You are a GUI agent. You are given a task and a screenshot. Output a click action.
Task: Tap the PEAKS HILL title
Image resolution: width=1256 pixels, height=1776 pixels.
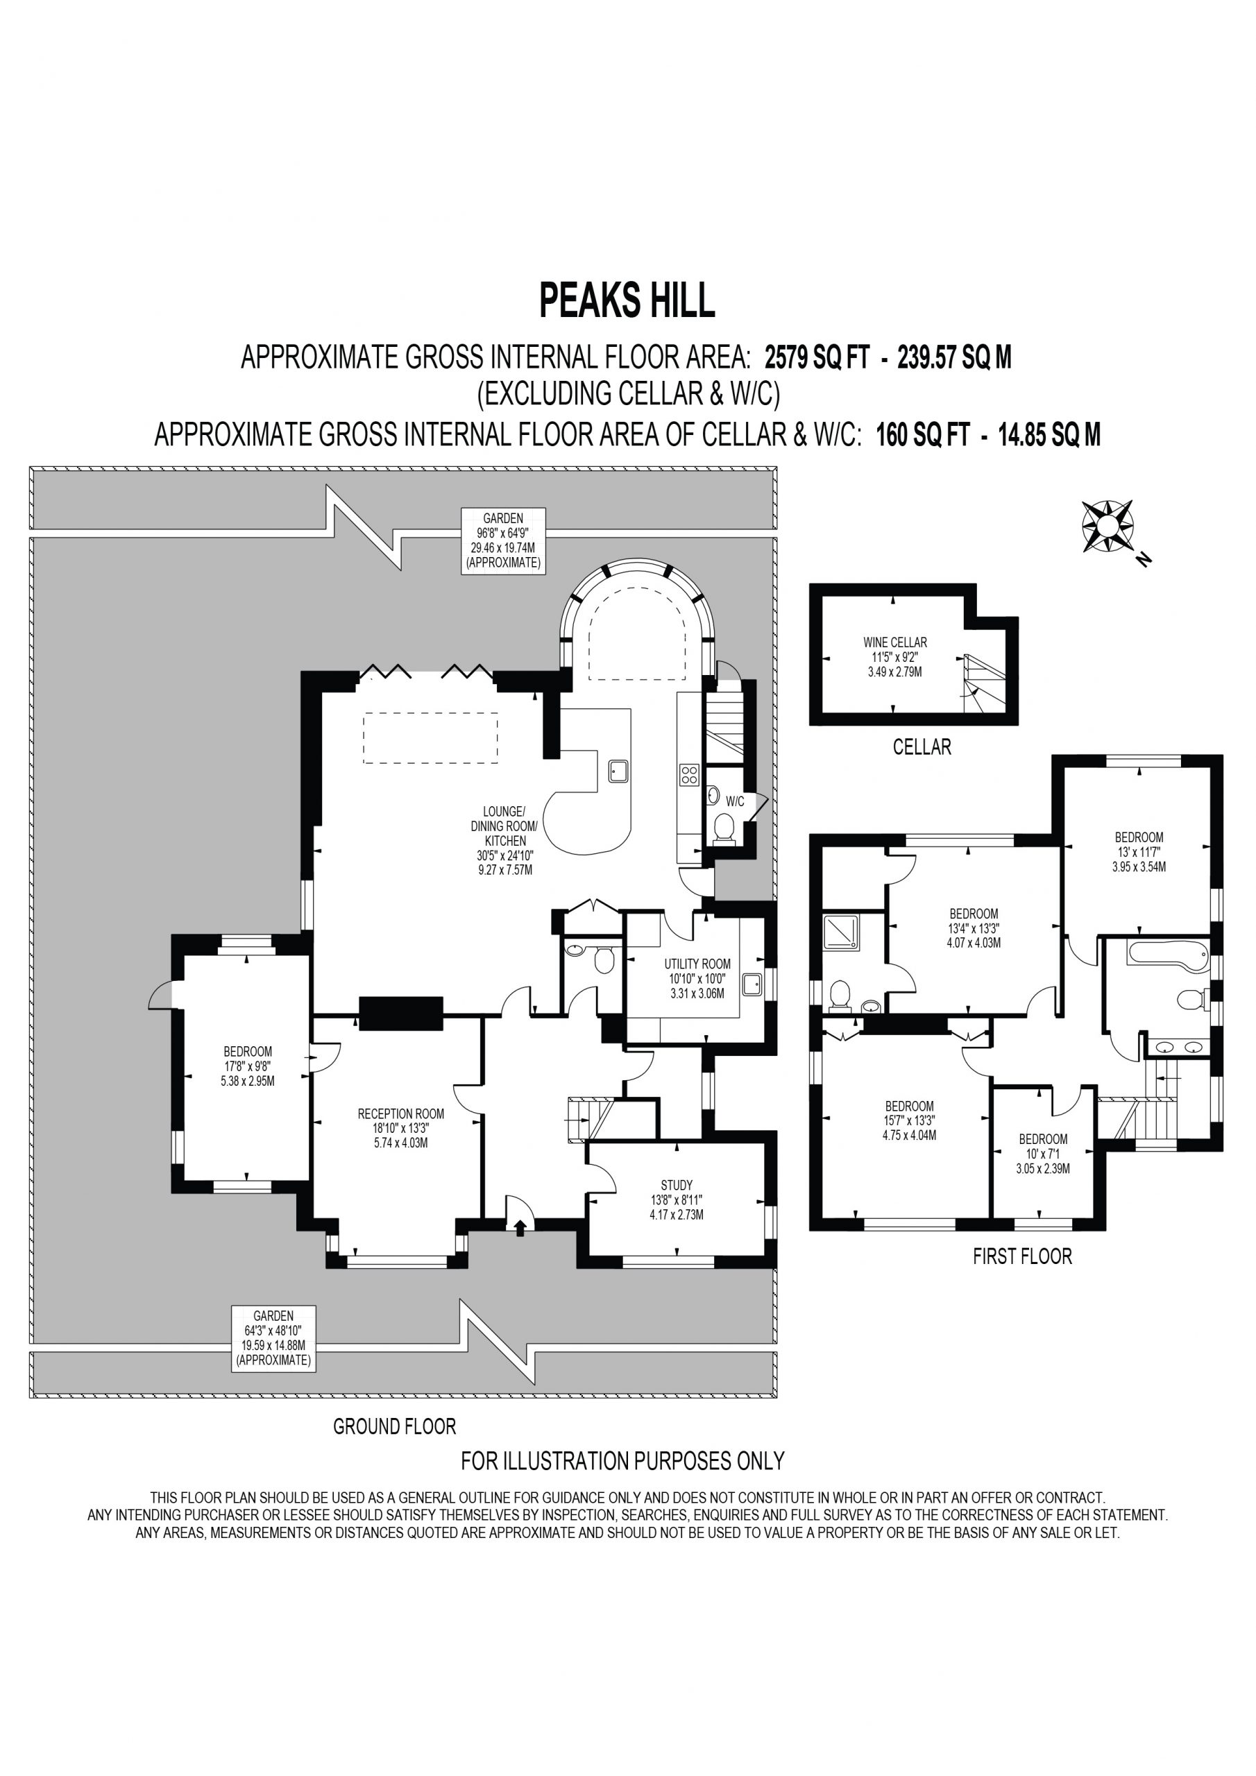click(x=627, y=300)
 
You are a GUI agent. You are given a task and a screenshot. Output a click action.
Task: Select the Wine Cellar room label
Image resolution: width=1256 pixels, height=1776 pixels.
click(x=894, y=657)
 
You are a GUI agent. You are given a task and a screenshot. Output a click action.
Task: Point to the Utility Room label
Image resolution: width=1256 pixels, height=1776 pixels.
click(x=697, y=978)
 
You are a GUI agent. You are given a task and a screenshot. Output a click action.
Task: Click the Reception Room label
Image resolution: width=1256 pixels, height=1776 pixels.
click(x=401, y=1128)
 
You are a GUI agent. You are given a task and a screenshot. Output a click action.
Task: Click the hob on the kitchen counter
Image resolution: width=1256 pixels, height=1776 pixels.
click(x=689, y=774)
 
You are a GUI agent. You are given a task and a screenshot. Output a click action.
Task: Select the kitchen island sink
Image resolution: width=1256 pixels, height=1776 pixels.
click(x=618, y=771)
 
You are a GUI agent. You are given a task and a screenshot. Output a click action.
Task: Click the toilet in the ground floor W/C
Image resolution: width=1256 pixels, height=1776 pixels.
click(x=724, y=828)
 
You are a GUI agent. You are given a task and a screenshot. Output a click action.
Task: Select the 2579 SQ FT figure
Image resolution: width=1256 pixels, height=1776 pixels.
click(x=817, y=357)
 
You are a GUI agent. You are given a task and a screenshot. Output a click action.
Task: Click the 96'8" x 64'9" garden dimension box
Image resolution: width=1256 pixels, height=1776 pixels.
click(x=503, y=540)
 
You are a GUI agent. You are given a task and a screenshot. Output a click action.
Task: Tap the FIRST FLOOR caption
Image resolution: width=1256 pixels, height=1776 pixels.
click(x=1022, y=1256)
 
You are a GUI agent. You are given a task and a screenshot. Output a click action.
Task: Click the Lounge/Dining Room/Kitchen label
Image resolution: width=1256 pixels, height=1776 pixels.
click(x=504, y=840)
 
